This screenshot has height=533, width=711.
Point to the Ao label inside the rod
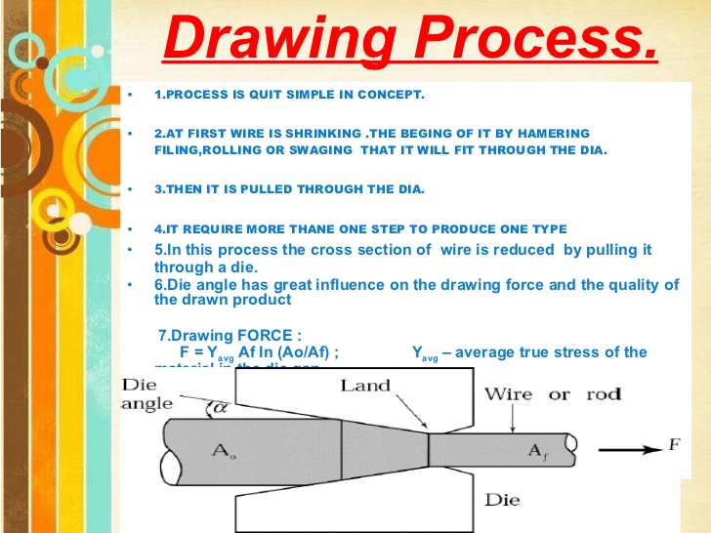point(224,449)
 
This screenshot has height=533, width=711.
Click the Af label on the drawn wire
point(537,451)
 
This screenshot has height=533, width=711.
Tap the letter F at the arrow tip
point(673,446)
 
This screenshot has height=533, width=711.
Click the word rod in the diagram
point(604,394)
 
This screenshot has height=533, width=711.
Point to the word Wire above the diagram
point(510,394)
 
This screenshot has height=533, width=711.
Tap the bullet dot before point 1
point(128,95)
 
